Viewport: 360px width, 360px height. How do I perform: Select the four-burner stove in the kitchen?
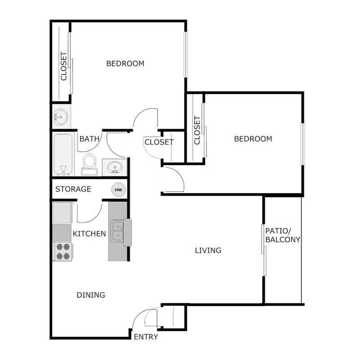[x=62, y=252]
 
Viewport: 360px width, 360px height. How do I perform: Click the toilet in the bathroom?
[x=90, y=163]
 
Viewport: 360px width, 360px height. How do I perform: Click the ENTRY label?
[x=146, y=337]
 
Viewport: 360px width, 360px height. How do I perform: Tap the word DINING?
[x=90, y=295]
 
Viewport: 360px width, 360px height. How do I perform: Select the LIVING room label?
[x=208, y=250]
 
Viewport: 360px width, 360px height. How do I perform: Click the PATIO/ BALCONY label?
[x=283, y=235]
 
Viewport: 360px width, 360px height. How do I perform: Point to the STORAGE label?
[x=73, y=189]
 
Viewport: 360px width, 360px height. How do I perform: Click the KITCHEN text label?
[x=90, y=234]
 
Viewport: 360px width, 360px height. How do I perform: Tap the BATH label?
[x=89, y=139]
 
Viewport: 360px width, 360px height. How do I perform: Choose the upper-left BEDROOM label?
[x=125, y=63]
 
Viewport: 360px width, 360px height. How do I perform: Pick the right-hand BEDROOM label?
[x=253, y=139]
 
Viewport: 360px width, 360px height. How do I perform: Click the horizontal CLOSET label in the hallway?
[x=159, y=142]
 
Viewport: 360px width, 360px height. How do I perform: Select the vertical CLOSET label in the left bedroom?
[x=63, y=67]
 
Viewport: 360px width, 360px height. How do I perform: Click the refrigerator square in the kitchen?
[x=63, y=213]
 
